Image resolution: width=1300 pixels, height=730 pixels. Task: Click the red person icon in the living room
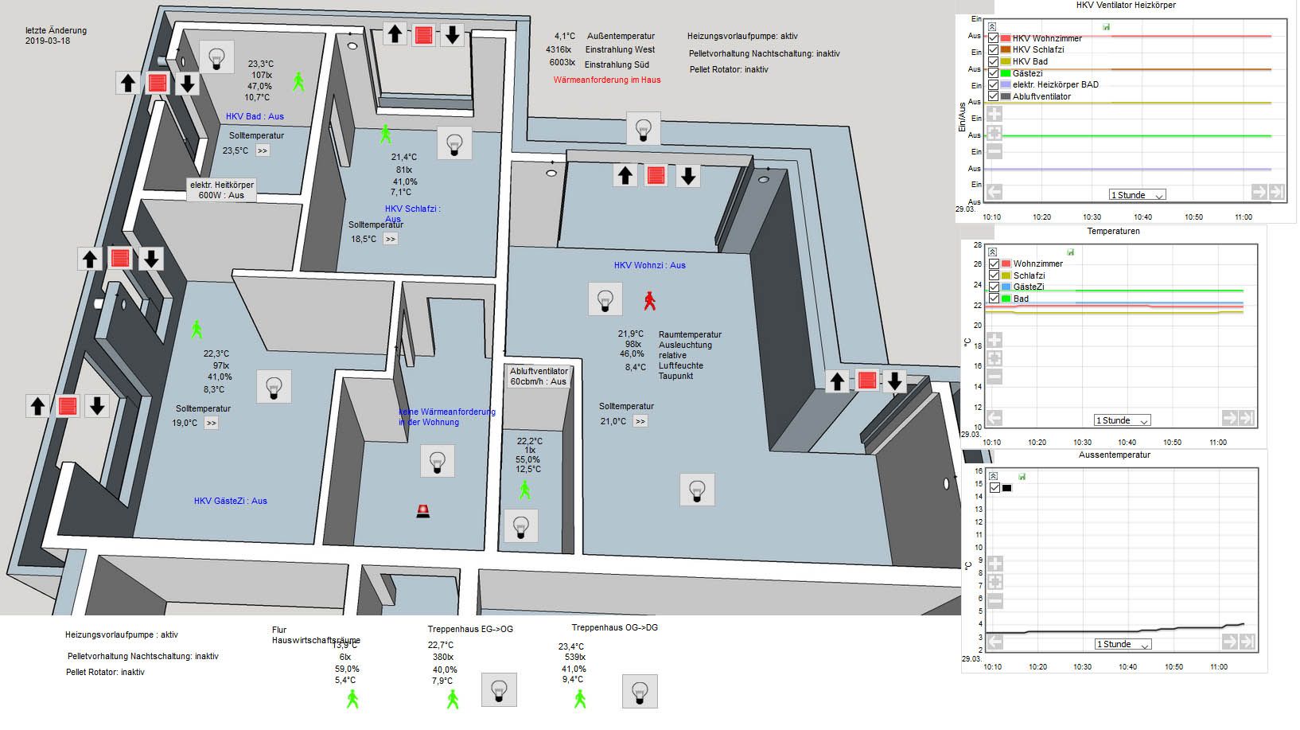coord(650,300)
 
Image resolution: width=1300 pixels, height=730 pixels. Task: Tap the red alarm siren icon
coord(423,511)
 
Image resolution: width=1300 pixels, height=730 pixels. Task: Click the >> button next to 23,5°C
coord(262,150)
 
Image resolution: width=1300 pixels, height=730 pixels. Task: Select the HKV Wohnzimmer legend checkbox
coord(994,37)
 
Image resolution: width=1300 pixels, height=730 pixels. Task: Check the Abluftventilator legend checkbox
coord(994,96)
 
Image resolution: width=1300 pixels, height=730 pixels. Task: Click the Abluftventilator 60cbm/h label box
coord(539,377)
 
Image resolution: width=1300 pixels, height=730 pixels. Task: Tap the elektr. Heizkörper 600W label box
coord(222,189)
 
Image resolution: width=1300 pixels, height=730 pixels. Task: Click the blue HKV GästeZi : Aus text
coord(230,501)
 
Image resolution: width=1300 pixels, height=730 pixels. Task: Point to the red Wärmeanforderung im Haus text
coord(607,80)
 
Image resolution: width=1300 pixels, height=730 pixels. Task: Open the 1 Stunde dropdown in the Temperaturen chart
coord(1122,420)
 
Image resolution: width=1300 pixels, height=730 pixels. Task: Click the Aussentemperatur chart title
coord(1114,455)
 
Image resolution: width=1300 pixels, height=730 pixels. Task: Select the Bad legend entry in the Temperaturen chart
coord(1021,299)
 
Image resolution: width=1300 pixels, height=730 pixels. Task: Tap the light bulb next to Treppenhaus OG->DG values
coord(640,691)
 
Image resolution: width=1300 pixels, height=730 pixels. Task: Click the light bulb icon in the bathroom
coord(216,57)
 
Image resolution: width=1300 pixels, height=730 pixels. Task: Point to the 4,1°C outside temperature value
coord(565,36)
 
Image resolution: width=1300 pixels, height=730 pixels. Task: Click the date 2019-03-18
coord(48,41)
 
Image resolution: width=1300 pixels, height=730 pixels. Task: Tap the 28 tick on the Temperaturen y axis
coord(978,245)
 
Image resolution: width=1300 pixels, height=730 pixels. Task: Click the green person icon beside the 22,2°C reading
coord(524,490)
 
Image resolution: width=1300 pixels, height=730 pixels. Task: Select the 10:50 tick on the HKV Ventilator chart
coord(1193,217)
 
